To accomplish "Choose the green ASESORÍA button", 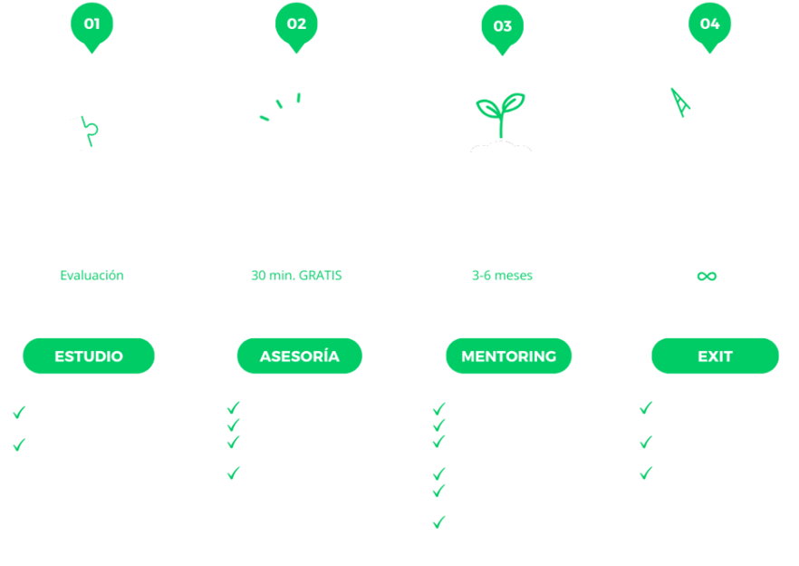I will coord(299,356).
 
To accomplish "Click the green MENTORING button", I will coord(508,356).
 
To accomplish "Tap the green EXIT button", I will coord(715,356).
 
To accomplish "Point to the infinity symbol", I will coord(708,276).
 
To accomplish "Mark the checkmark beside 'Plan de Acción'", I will coord(233,424).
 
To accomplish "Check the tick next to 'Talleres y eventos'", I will coord(439,473).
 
